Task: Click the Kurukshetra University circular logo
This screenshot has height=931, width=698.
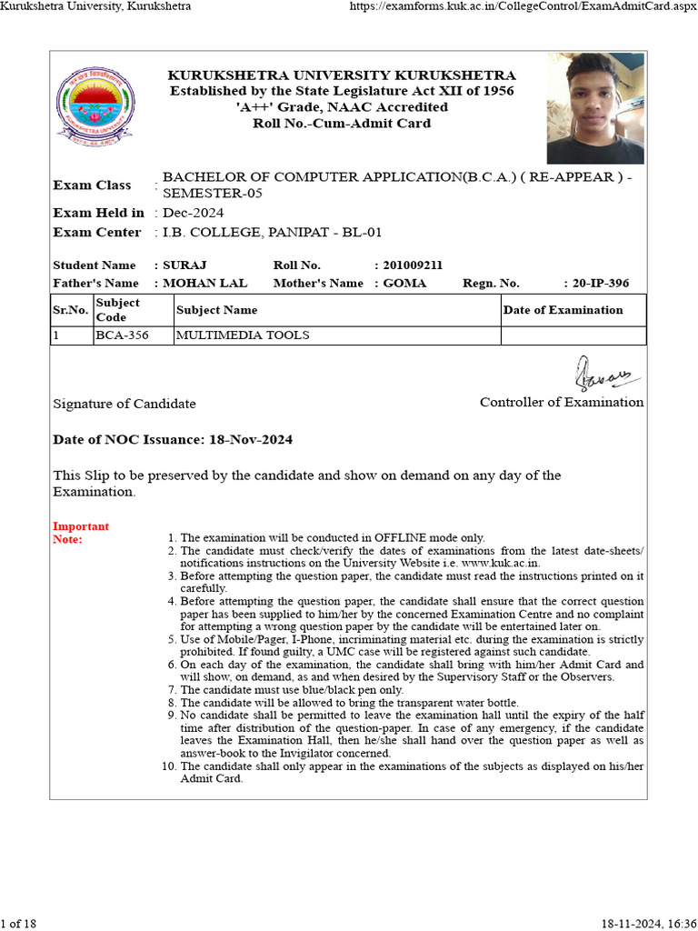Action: click(x=94, y=107)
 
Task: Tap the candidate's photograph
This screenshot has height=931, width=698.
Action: click(x=595, y=108)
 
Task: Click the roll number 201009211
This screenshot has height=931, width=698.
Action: click(x=413, y=265)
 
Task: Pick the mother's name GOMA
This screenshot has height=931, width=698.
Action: click(x=404, y=284)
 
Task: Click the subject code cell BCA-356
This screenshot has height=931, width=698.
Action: click(x=123, y=335)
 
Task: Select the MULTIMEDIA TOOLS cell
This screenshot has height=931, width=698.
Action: click(x=242, y=335)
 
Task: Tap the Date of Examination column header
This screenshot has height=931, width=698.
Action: click(x=563, y=310)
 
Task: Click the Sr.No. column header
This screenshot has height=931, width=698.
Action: click(x=70, y=310)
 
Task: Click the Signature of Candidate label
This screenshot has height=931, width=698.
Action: click(x=125, y=404)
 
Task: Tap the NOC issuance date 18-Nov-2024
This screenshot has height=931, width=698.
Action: click(x=248, y=440)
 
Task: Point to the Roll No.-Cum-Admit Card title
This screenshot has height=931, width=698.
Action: click(x=342, y=123)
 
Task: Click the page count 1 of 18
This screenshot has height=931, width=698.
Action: click(x=19, y=924)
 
